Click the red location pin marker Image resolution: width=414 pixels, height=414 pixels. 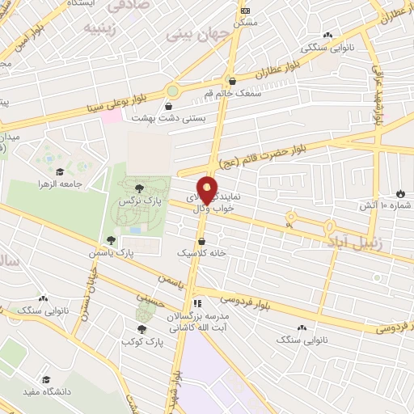tap(207, 190)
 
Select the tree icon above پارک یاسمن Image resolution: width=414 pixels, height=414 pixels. tap(111, 239)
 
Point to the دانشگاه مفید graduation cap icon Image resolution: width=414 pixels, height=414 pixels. tap(46, 379)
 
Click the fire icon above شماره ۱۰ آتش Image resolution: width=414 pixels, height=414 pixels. tap(399, 193)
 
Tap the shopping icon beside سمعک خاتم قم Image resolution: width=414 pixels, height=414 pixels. tap(233, 81)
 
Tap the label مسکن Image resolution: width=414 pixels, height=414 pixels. tap(245, 23)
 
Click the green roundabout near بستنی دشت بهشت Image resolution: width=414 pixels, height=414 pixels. tap(173, 91)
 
